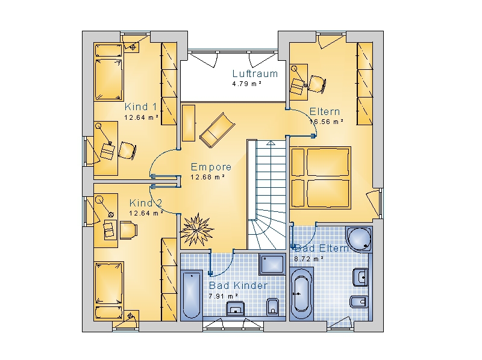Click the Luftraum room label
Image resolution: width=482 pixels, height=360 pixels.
pos(255,73)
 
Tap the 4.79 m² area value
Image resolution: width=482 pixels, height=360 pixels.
pos(247,84)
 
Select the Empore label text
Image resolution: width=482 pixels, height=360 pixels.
pos(211,167)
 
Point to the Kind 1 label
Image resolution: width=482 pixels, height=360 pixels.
pos(141,107)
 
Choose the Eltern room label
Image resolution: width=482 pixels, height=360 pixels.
pos(325,111)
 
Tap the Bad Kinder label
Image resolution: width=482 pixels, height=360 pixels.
pos(238,285)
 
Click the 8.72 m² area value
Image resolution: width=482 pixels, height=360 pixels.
pos(308,259)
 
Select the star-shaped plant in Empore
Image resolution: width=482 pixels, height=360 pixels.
pos(197,229)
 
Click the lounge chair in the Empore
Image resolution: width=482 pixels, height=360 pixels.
pos(218,130)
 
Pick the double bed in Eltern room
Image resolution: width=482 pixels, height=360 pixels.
pos(321,178)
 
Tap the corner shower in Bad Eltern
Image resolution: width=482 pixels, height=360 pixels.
pos(359,240)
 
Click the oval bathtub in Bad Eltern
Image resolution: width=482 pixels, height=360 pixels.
pos(301,294)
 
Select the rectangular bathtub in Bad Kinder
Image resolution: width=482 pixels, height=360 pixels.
pos(192,294)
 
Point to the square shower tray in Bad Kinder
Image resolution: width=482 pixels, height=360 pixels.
pos(272,264)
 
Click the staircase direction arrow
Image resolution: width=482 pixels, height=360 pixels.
pos(271,143)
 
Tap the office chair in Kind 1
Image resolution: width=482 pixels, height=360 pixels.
pos(127,151)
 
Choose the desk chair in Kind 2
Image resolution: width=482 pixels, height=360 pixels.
pos(128,230)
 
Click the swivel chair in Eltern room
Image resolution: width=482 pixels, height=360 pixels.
pos(317,84)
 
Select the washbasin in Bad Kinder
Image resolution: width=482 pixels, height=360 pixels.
pos(236,308)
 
